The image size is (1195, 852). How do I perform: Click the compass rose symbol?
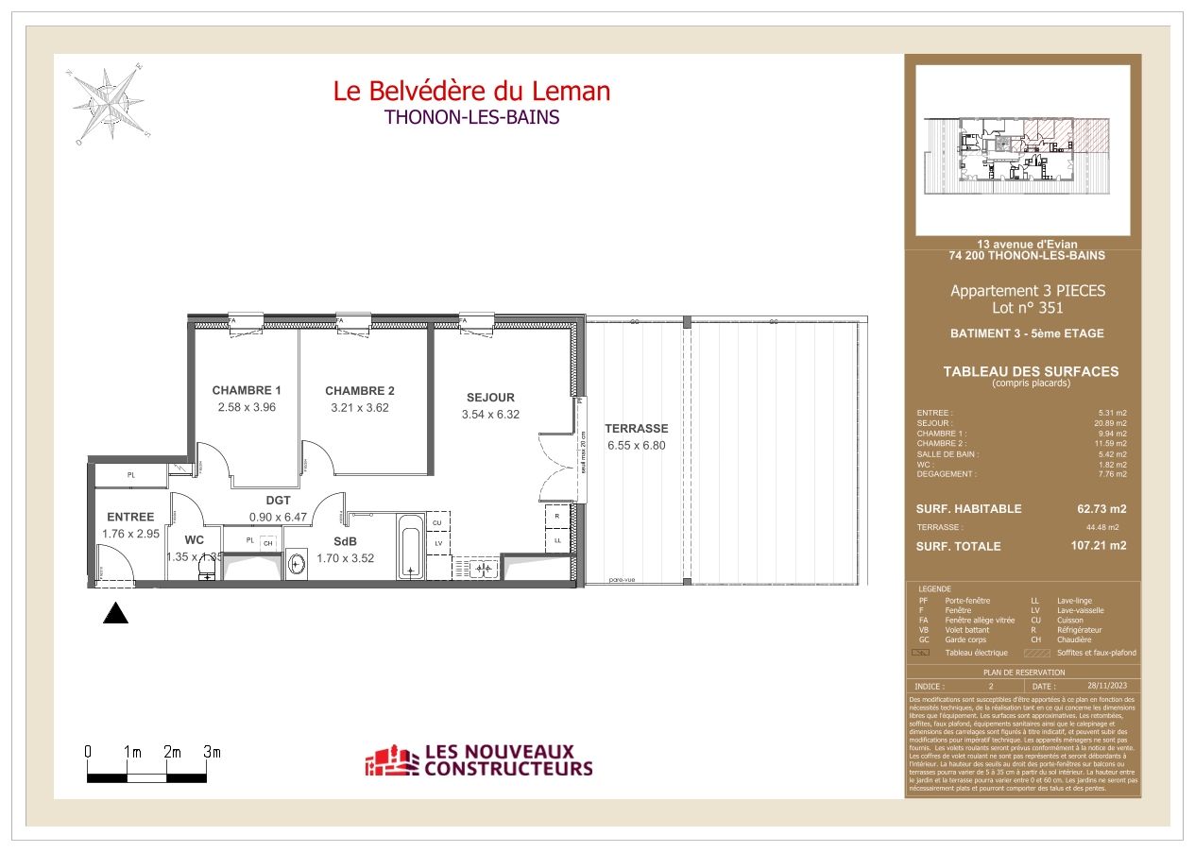106,100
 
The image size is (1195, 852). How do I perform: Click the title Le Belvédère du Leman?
471,92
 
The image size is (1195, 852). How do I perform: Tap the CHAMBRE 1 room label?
247,390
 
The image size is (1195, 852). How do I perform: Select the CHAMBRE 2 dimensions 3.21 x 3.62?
359,408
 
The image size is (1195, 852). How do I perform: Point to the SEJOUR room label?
490,398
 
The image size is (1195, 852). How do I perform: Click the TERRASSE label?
637,428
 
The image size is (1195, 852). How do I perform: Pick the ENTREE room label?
130,517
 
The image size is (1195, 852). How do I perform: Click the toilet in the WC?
207,566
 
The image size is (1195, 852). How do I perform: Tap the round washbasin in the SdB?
298,565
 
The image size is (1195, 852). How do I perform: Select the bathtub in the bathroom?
411,547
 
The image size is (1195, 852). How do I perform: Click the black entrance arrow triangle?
115,613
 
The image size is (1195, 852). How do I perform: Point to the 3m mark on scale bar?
212,752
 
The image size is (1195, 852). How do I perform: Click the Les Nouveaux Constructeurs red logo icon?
391,761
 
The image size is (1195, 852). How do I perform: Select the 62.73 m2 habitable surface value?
1101,508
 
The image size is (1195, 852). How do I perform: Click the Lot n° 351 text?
1027,308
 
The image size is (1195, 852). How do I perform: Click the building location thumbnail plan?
1022,149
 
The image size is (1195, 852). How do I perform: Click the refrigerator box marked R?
557,517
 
